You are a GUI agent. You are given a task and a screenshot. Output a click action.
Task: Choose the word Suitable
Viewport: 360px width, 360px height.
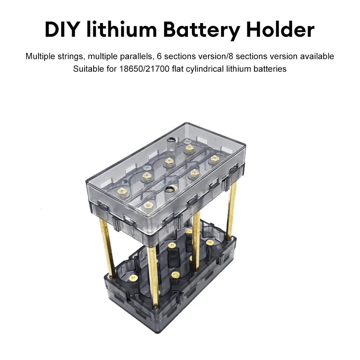[87, 69]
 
